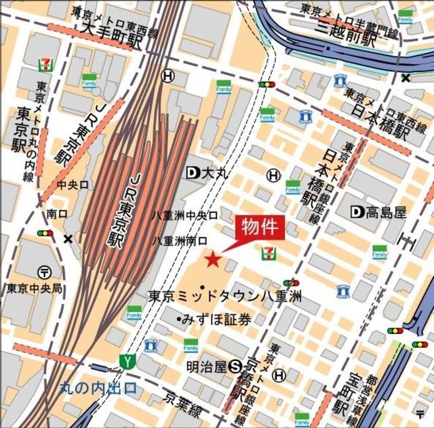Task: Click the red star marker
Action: (x=213, y=259)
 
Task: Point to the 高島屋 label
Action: (x=378, y=213)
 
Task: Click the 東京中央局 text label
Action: (x=35, y=288)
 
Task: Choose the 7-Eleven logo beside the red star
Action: (x=269, y=253)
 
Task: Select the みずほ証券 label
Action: (x=214, y=319)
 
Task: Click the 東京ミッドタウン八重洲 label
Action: (x=224, y=296)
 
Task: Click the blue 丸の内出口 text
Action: (x=98, y=389)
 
